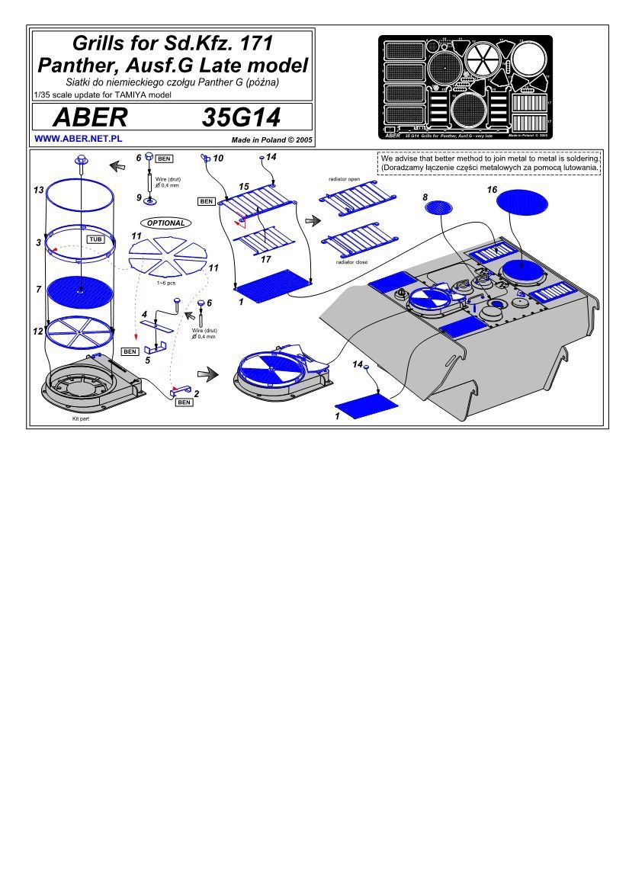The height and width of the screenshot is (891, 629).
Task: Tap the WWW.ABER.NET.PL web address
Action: tap(79, 139)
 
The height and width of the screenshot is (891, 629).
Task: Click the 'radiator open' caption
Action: tap(344, 178)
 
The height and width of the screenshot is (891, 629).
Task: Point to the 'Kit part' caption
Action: tap(70, 419)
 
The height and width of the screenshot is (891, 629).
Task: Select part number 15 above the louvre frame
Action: tap(243, 186)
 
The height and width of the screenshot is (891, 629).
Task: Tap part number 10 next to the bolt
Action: tap(218, 159)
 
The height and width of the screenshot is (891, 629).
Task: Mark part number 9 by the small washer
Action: tap(138, 197)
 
